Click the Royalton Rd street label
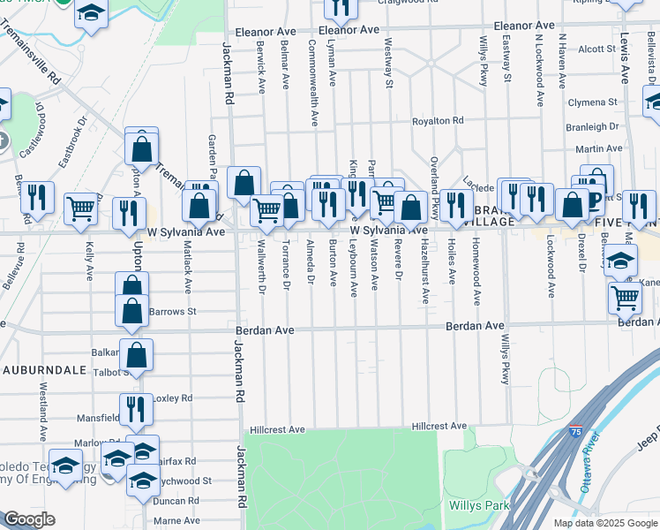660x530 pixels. click(x=439, y=121)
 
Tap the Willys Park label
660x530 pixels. click(x=479, y=506)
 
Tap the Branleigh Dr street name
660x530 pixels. click(x=593, y=127)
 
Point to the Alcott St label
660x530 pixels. click(x=596, y=49)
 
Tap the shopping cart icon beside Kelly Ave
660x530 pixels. click(x=80, y=208)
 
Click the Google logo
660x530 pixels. click(x=28, y=519)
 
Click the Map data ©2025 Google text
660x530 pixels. click(x=605, y=523)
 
